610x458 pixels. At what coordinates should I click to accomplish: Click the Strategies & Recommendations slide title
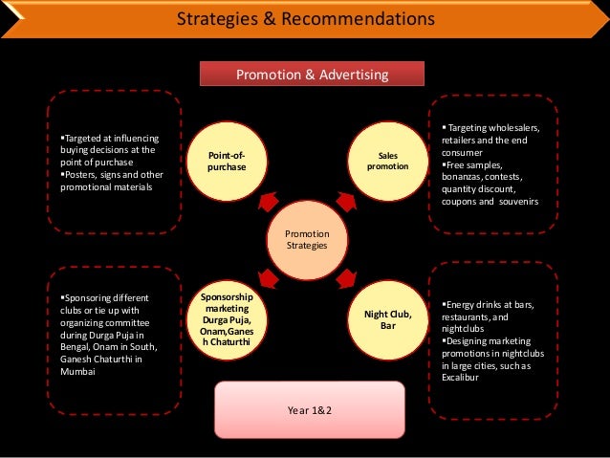(306, 18)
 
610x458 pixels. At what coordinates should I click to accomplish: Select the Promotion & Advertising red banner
(298, 74)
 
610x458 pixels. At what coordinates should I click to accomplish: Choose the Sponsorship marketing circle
(227, 320)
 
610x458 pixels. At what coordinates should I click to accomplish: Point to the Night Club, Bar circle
(388, 320)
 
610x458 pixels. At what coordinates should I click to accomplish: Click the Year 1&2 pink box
(305, 410)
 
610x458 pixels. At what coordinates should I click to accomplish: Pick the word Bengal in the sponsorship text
(76, 347)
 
